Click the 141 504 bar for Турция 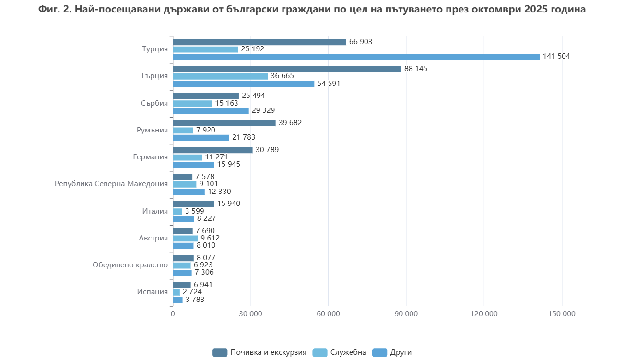(x=356, y=57)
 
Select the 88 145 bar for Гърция (x=287, y=69)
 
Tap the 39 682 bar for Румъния (x=224, y=123)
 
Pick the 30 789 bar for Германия (x=212, y=150)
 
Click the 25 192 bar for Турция (x=205, y=49)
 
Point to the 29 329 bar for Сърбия (x=211, y=111)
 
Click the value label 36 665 (x=283, y=76)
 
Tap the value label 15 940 (x=229, y=204)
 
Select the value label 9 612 (x=210, y=238)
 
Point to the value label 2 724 (x=192, y=292)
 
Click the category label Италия (x=155, y=211)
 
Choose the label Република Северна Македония (x=111, y=184)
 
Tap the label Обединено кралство (x=130, y=265)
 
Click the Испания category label (x=153, y=292)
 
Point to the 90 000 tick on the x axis (x=406, y=314)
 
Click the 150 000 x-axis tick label (x=562, y=314)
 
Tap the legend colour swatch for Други (x=379, y=352)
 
